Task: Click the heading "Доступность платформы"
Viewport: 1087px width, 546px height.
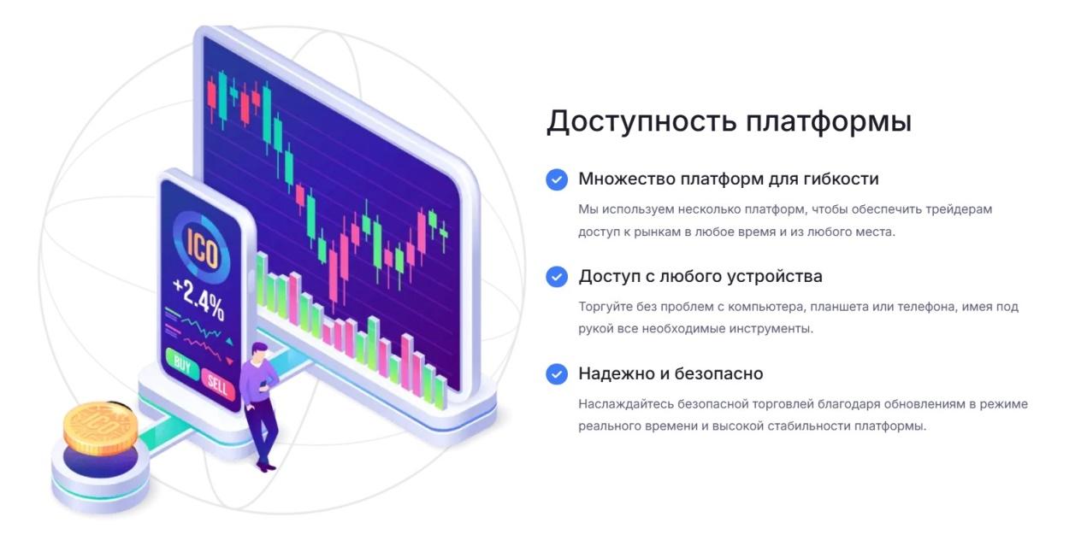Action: click(x=729, y=120)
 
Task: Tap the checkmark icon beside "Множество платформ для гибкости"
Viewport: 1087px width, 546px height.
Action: click(x=557, y=179)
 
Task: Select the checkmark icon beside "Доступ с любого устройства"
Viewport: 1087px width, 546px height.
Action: click(x=557, y=277)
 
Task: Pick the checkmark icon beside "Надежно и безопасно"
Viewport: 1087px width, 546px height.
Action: click(x=557, y=374)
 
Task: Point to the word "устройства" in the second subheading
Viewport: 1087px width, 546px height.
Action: click(x=775, y=277)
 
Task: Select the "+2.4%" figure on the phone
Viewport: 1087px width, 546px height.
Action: click(x=198, y=298)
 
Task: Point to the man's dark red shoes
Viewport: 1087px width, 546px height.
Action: click(x=266, y=466)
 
